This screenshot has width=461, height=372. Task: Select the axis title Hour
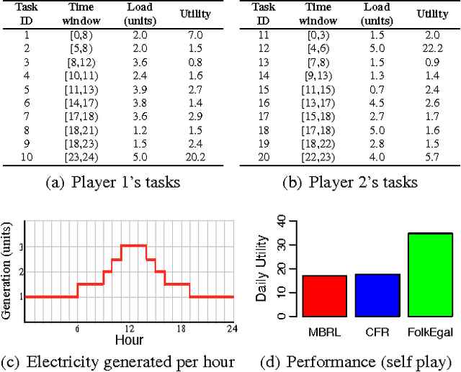coord(129,338)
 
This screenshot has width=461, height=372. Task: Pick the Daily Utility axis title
coord(263,268)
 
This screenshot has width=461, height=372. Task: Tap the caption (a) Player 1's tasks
coord(112,182)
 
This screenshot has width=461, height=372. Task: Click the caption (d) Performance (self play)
coord(358,360)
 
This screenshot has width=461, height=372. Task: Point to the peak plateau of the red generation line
coord(133,245)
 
